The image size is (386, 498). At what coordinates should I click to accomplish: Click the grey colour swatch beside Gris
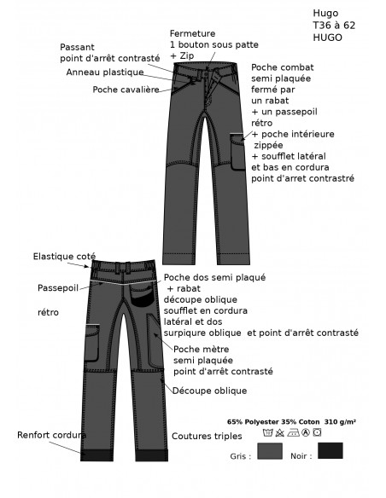click(270, 451)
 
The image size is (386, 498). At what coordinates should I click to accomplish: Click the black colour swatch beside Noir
click(330, 450)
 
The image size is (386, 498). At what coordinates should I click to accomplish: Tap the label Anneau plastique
click(105, 72)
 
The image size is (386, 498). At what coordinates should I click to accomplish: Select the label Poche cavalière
click(126, 90)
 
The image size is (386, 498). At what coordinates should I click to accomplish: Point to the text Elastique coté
click(64, 257)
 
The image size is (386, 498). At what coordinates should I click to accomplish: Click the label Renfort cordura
click(51, 435)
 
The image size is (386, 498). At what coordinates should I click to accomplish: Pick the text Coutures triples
click(207, 436)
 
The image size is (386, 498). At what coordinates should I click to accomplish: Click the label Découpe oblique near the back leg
click(209, 391)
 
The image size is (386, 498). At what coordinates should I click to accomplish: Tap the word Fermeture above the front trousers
click(192, 33)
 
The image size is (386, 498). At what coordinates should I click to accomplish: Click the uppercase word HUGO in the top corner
click(327, 38)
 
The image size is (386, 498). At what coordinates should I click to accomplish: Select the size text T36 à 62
click(334, 25)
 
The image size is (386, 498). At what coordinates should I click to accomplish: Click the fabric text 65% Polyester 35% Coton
click(273, 422)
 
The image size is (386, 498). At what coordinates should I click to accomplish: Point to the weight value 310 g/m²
click(340, 422)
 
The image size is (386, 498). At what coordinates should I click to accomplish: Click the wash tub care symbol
click(267, 432)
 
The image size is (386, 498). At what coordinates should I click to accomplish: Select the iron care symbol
click(293, 432)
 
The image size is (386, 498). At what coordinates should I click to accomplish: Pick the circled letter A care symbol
click(306, 432)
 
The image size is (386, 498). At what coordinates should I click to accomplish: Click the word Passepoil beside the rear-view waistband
click(58, 288)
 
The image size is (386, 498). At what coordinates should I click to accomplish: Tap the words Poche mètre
click(202, 350)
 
